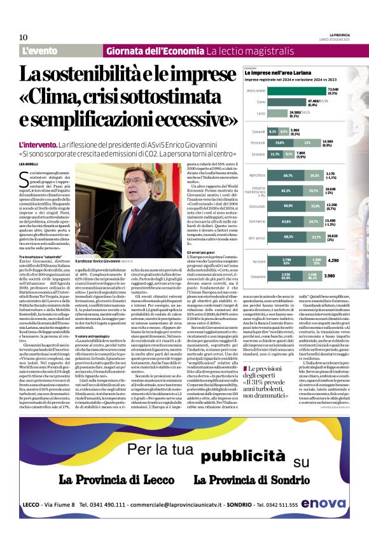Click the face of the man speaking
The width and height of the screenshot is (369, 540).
point(128,186)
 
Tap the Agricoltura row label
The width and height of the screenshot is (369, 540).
point(257,174)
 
